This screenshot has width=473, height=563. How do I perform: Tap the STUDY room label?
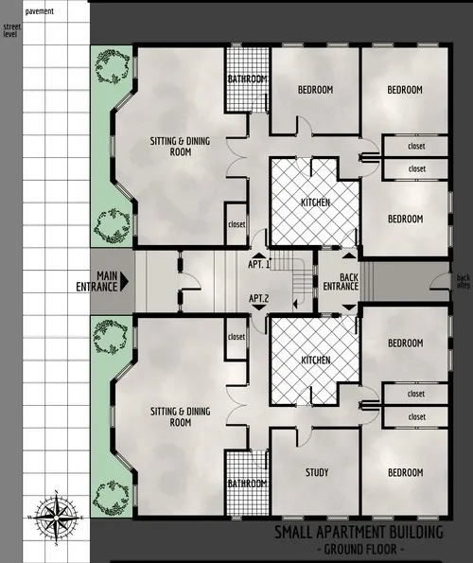[316, 472]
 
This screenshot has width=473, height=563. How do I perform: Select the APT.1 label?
[259, 265]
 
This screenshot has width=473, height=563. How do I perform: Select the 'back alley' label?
[463, 282]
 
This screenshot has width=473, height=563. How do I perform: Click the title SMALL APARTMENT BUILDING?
[358, 532]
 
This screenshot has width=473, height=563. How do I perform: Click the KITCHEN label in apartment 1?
[315, 203]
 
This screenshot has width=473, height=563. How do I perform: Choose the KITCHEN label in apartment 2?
[315, 361]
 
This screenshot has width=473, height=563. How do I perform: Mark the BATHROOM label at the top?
[249, 79]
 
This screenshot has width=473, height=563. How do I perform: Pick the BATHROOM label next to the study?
[246, 484]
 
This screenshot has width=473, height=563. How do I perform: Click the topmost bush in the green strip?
[114, 65]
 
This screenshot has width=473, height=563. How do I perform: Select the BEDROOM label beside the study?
[404, 472]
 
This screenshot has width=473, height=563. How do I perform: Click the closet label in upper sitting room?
[236, 225]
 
